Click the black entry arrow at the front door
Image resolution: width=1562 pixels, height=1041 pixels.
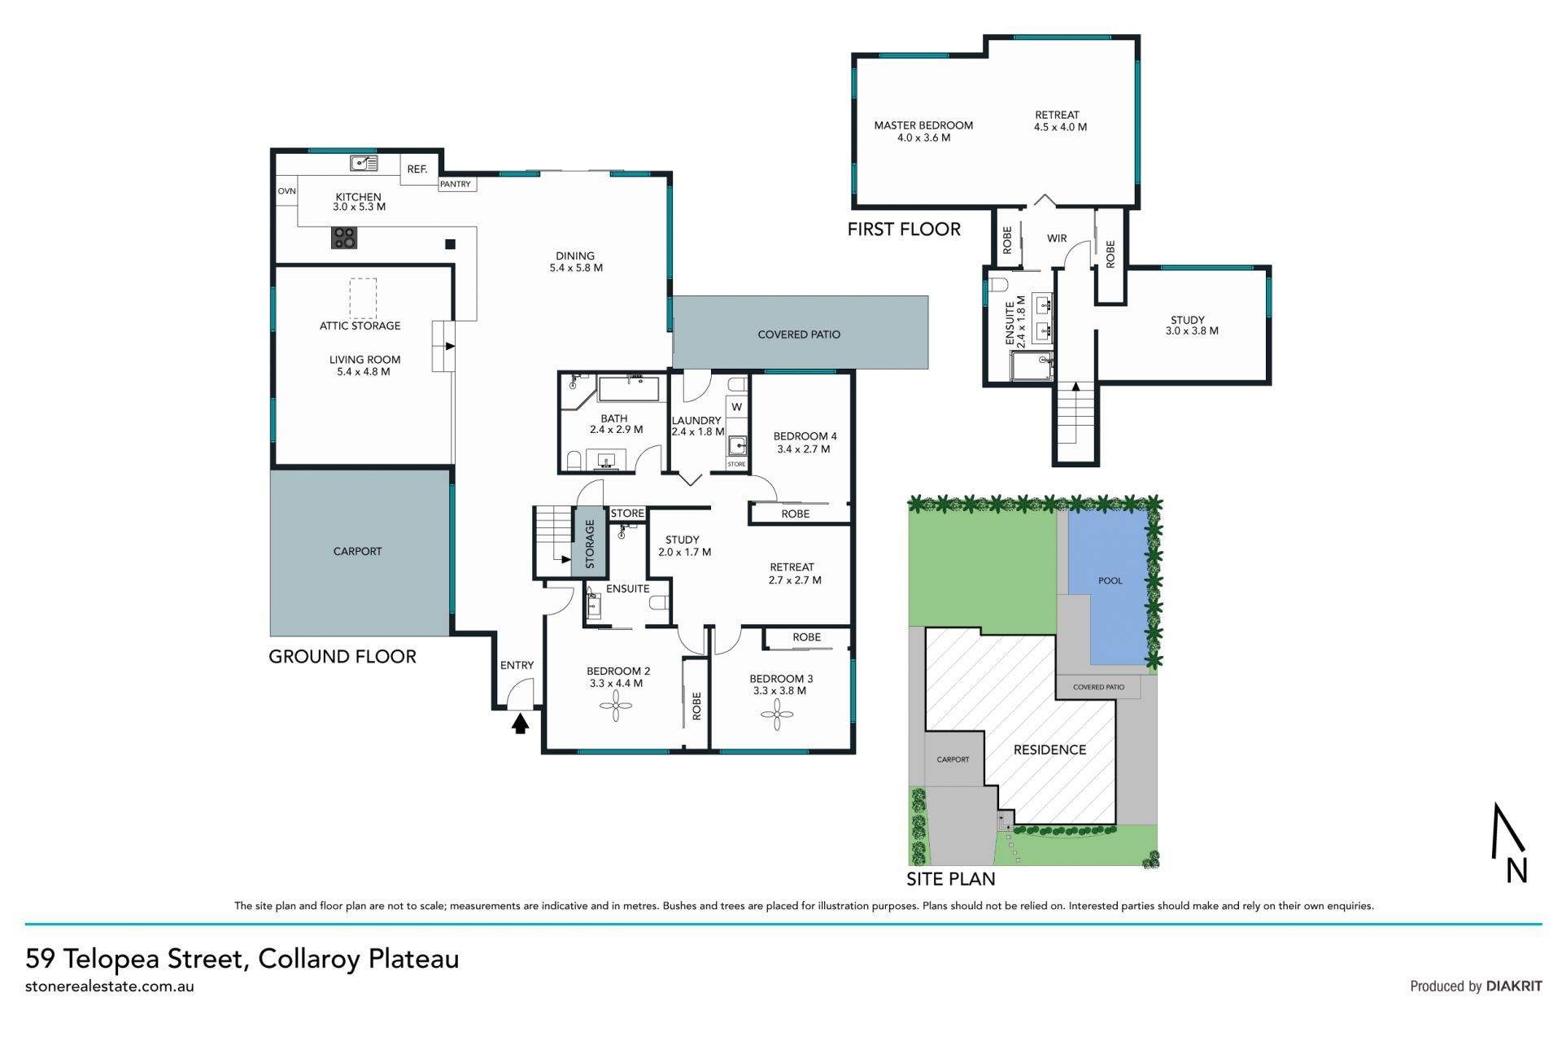pyautogui.click(x=520, y=723)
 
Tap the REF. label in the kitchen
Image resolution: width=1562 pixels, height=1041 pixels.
pyautogui.click(x=417, y=169)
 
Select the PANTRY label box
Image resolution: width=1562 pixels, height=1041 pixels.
pyautogui.click(x=456, y=184)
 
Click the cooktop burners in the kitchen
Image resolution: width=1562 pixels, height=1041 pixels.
pyautogui.click(x=344, y=238)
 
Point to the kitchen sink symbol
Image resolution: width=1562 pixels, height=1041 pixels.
pyautogui.click(x=364, y=164)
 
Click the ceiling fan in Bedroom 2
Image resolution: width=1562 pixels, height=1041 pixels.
pyautogui.click(x=616, y=705)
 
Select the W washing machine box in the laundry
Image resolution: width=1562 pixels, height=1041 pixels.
pyautogui.click(x=736, y=407)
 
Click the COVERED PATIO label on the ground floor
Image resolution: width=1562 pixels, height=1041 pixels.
pyautogui.click(x=799, y=335)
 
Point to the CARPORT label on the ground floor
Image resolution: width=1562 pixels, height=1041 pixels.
pyautogui.click(x=357, y=551)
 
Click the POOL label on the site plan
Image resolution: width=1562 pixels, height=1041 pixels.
pyautogui.click(x=1110, y=580)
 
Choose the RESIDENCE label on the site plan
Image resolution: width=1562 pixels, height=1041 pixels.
pyautogui.click(x=1049, y=750)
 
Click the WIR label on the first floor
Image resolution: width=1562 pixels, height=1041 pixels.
pyautogui.click(x=1057, y=238)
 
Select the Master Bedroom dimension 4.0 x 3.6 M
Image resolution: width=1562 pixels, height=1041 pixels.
pyautogui.click(x=923, y=138)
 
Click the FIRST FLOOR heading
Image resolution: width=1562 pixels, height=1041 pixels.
pyautogui.click(x=904, y=230)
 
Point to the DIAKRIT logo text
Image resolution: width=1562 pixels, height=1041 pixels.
pyautogui.click(x=1514, y=986)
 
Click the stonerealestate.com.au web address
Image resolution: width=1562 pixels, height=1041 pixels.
pyautogui.click(x=110, y=986)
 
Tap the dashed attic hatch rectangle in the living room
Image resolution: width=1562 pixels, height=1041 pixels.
pyautogui.click(x=364, y=299)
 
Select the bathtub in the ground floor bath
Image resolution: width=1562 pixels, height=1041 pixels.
pyautogui.click(x=628, y=388)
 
